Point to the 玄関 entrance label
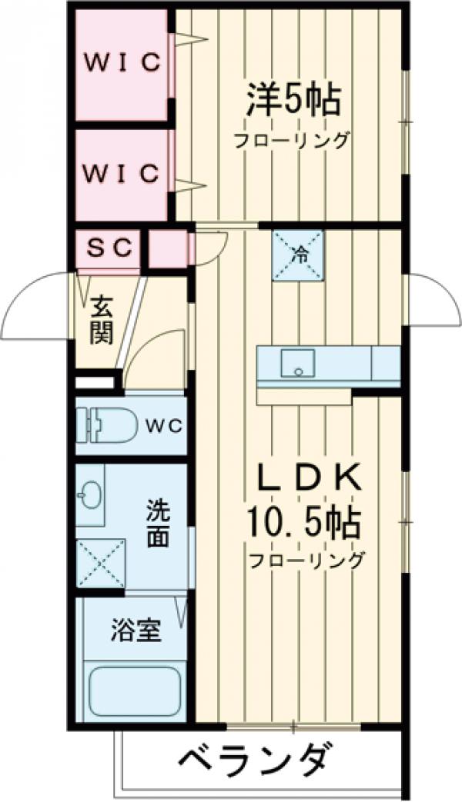[x=100, y=321]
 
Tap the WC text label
[x=162, y=424]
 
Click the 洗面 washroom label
[x=157, y=524]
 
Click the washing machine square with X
[x=100, y=564]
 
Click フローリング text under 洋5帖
[x=293, y=141]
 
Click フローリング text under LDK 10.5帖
[x=305, y=560]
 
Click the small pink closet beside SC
[x=168, y=249]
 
